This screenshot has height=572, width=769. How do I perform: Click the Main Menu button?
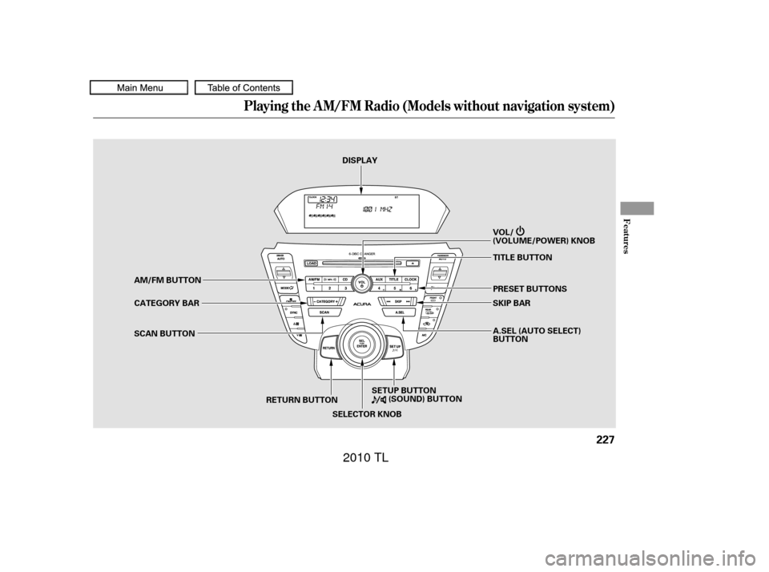point(139,88)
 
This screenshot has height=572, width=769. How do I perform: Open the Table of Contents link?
point(244,88)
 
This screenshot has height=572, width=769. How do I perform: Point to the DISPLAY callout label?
point(360,161)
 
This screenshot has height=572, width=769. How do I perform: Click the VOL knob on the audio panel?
point(362,284)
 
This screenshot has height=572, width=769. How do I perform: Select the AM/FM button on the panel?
point(315,279)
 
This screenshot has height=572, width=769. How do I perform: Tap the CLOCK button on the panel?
point(411,279)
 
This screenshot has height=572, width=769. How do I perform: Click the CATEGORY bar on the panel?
point(321,302)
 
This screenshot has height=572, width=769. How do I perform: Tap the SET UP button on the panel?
point(395,348)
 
